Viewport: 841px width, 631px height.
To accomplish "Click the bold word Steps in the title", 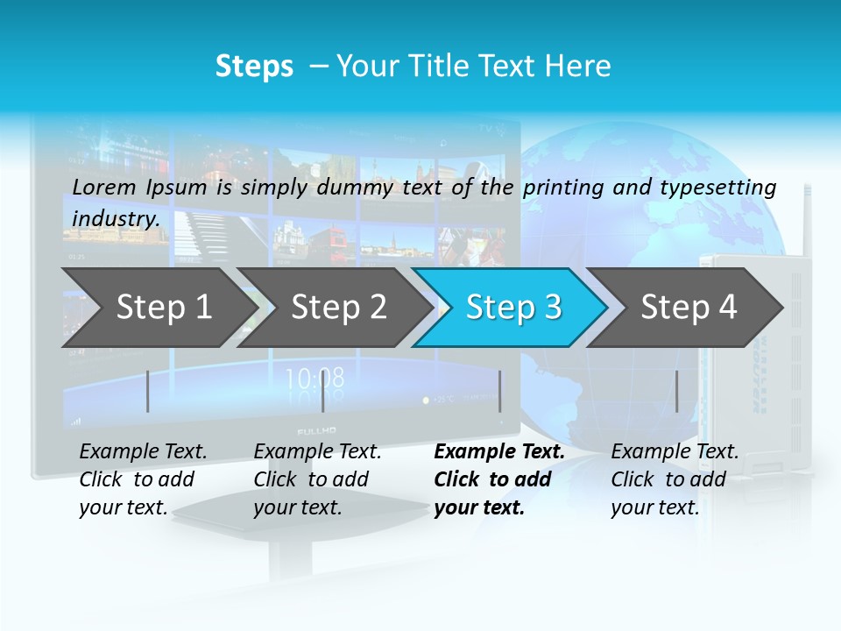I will pyautogui.click(x=254, y=67).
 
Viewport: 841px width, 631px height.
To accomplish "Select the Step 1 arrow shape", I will pyautogui.click(x=158, y=308).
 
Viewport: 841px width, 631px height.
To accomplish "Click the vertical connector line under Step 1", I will pyautogui.click(x=148, y=391).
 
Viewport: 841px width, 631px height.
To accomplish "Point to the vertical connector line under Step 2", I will pyautogui.click(x=323, y=391).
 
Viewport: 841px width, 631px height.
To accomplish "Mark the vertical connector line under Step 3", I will pyautogui.click(x=499, y=391).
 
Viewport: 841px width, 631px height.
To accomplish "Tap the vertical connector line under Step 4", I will pyautogui.click(x=677, y=391).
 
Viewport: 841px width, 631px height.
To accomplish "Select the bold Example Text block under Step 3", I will pyautogui.click(x=499, y=479).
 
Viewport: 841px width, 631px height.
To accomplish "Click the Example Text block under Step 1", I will pyautogui.click(x=143, y=479).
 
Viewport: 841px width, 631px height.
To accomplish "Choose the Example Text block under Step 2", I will pyautogui.click(x=317, y=479).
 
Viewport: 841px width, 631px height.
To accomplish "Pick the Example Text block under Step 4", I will pyautogui.click(x=675, y=479).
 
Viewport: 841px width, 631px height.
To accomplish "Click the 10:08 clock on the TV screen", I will pyautogui.click(x=315, y=379).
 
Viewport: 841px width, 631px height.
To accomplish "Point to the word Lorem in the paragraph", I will pyautogui.click(x=104, y=187).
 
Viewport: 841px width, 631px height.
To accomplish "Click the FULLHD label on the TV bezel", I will pyautogui.click(x=316, y=432).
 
